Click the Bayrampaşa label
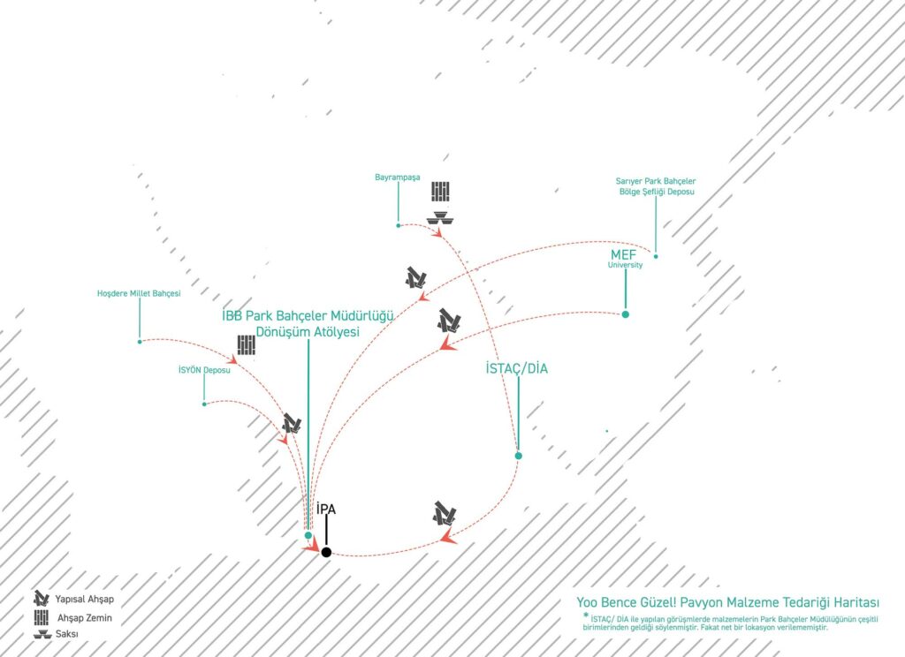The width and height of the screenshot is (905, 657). point(397,177)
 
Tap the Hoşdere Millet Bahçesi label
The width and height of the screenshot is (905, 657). point(139,293)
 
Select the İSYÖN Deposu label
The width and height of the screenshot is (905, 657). point(204,370)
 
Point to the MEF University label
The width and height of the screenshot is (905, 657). point(625,259)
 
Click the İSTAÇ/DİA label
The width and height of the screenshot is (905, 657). point(516,368)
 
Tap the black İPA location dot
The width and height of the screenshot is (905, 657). point(326,552)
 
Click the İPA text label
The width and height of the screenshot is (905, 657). point(326,509)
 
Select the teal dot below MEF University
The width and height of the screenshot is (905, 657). point(625,314)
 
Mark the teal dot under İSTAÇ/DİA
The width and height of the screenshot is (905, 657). point(518,456)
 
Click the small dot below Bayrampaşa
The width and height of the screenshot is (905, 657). point(399,225)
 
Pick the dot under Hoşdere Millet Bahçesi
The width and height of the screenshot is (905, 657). point(140,342)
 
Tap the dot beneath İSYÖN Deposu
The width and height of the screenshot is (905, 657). point(204,404)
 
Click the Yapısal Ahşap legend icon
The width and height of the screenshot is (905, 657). point(41,598)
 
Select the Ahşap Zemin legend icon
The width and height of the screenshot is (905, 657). point(41,618)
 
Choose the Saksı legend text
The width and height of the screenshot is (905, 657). point(67,634)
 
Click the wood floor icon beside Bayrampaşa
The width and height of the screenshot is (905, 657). point(440,192)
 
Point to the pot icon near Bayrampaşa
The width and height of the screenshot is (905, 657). point(440,219)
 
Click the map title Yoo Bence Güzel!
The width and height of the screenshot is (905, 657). point(626,603)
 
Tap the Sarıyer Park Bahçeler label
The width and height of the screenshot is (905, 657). point(656,181)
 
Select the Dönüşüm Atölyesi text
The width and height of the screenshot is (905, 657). point(308,332)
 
